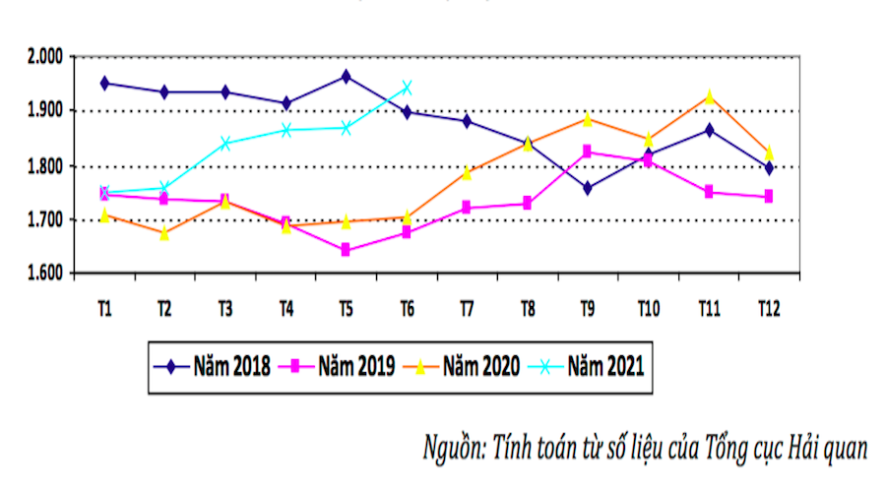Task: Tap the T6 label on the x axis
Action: click(x=407, y=309)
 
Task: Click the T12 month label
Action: click(x=769, y=309)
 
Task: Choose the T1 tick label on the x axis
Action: click(x=104, y=309)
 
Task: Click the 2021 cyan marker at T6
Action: click(x=407, y=88)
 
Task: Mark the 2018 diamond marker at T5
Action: click(x=346, y=76)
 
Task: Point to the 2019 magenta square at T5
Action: click(x=346, y=250)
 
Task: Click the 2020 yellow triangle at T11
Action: click(x=708, y=96)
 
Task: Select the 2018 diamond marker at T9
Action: click(x=588, y=188)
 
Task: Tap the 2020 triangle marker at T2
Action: click(x=164, y=233)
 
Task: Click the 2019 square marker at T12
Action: click(x=768, y=197)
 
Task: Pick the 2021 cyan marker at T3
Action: click(x=225, y=143)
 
